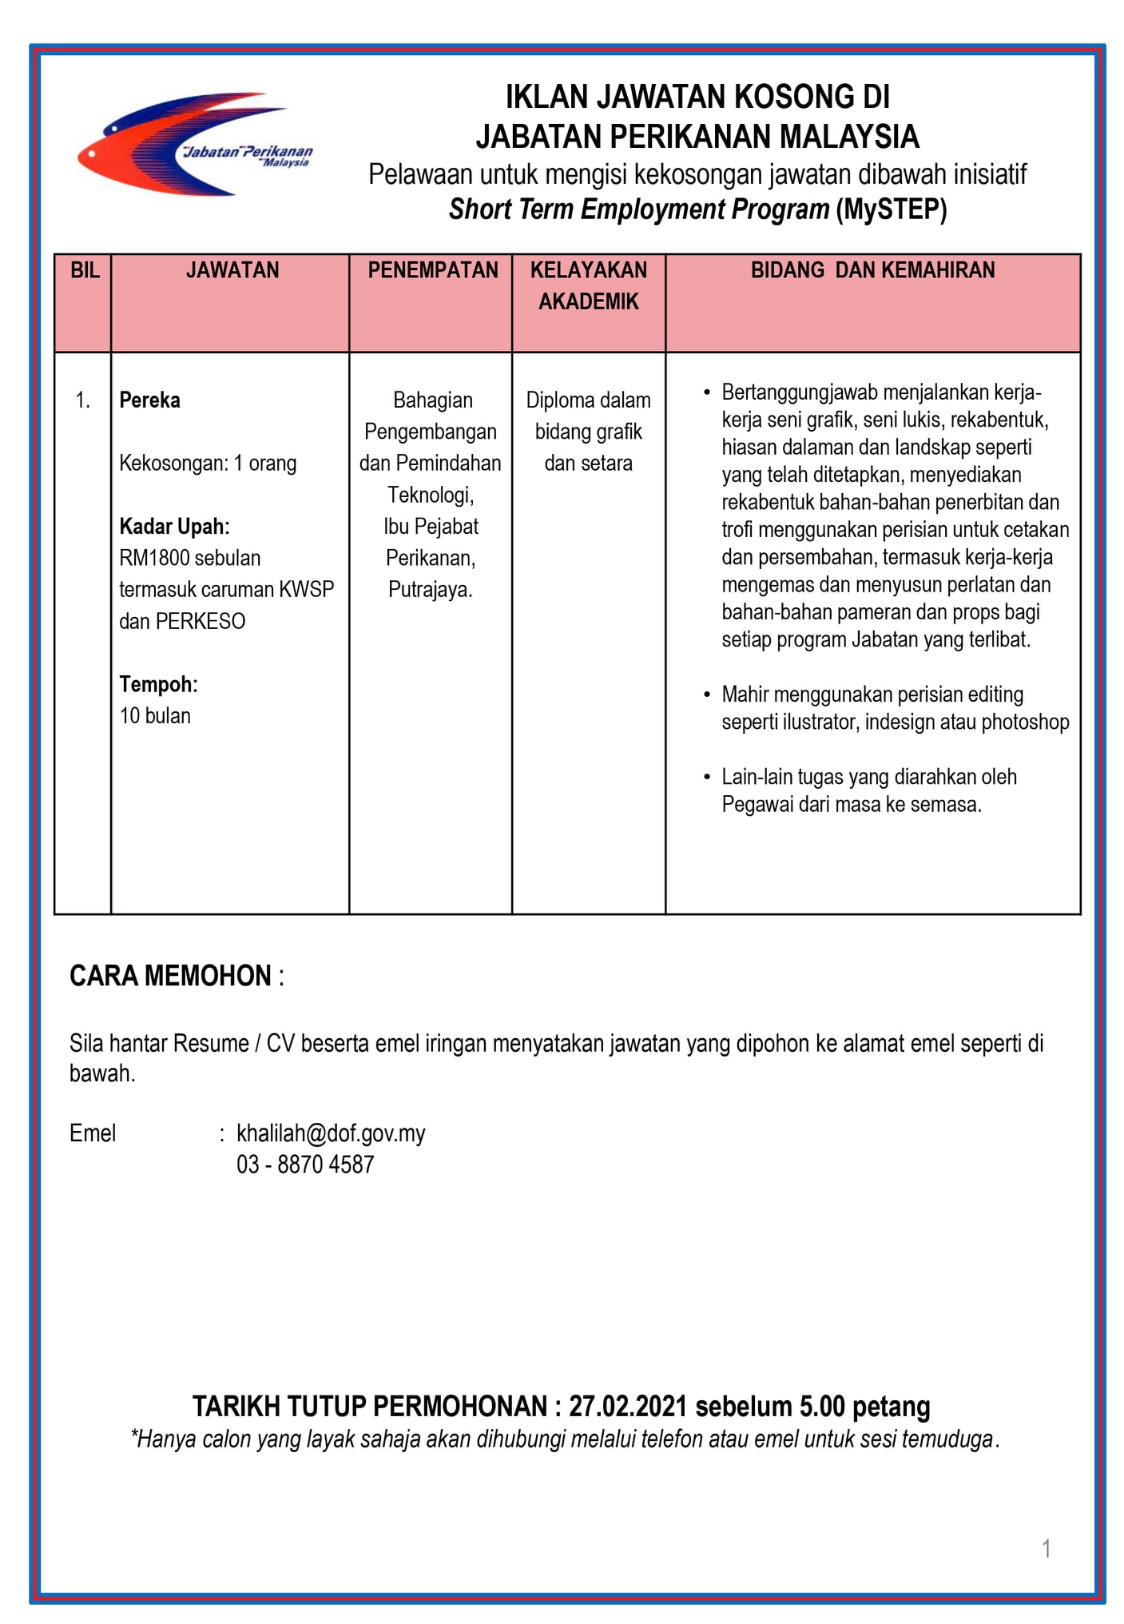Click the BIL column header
click(85, 270)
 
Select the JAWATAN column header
click(232, 270)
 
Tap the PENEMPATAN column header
click(432, 270)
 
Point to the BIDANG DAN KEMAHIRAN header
click(872, 270)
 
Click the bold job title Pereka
click(149, 400)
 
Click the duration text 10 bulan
click(155, 715)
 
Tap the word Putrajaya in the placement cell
click(430, 590)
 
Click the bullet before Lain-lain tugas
click(706, 777)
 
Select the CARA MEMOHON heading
click(170, 976)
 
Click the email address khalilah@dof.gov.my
click(331, 1132)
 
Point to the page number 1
click(1046, 1549)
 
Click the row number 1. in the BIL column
click(83, 400)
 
